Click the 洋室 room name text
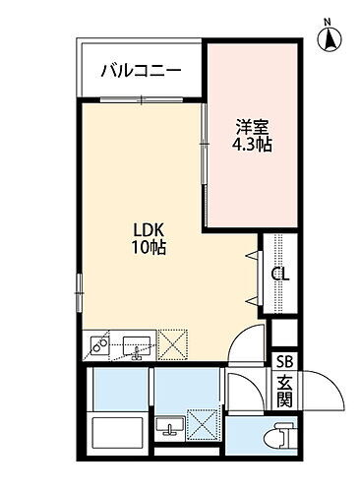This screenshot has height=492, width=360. point(251,127)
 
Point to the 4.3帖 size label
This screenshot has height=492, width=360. point(251,145)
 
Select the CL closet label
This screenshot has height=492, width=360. point(280,275)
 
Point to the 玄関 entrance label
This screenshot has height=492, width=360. point(283,391)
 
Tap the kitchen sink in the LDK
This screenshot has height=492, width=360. point(137,346)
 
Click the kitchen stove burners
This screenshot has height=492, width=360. point(99,345)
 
